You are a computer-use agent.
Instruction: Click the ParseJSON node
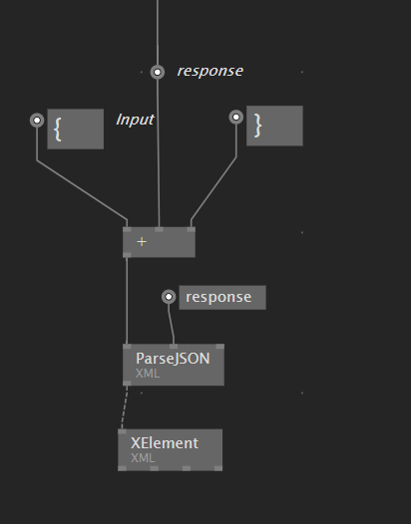pos(174,365)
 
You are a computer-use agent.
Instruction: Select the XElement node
pos(170,450)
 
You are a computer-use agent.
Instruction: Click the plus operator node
pos(159,242)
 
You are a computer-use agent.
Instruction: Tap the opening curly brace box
pos(75,129)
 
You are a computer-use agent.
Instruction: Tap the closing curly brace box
pos(274,126)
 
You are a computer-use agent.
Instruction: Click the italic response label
pos(210,71)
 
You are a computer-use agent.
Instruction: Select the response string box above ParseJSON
pos(222,298)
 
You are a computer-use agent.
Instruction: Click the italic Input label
pos(135,120)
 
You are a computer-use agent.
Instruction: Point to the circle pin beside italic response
pos(158,72)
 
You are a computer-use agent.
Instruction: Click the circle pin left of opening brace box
pos(37,121)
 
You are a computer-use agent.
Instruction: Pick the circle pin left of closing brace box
pos(236,117)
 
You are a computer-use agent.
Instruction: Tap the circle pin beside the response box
pos(169,297)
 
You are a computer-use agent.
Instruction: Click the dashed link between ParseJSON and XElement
pos(124,407)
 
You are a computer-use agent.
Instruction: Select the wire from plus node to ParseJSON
pos(127,301)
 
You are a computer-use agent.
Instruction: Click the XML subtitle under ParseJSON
pos(148,374)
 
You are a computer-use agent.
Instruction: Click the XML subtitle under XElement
pos(143,458)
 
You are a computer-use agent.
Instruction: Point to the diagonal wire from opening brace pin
pos(82,190)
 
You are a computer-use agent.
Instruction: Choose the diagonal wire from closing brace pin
pos(213,188)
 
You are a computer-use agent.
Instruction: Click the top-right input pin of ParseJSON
pos(219,347)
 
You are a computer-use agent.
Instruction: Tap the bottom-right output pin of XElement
pos(218,468)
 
